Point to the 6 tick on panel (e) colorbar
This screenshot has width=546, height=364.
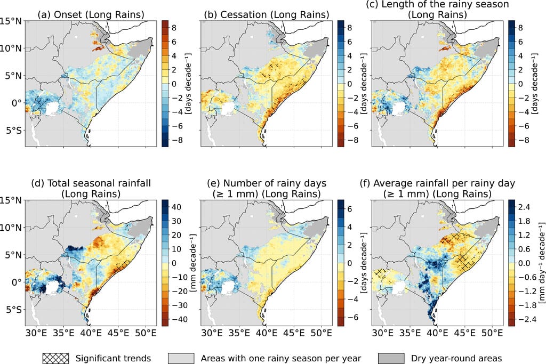coord(351,209)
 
